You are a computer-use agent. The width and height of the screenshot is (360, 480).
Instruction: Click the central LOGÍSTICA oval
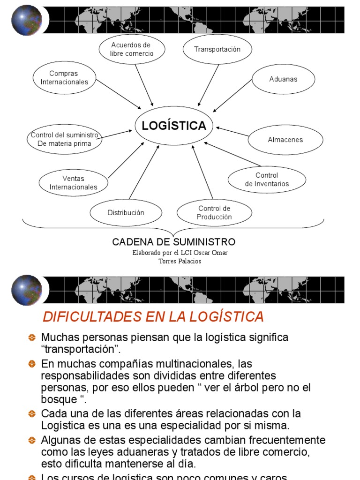click(x=174, y=126)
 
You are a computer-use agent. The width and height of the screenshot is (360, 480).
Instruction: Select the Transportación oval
click(x=217, y=49)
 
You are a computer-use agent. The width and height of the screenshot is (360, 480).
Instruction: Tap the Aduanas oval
click(x=283, y=79)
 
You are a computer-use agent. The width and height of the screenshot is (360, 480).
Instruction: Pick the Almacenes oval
click(x=285, y=140)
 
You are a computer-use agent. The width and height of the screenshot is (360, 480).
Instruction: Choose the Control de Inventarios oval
click(x=267, y=180)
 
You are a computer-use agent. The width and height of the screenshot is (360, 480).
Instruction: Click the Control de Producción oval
click(x=214, y=213)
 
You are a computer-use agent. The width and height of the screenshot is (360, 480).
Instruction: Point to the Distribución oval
click(x=126, y=213)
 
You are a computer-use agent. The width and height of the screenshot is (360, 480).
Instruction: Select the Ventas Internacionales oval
click(x=73, y=183)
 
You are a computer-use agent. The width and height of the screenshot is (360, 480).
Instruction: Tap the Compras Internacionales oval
click(x=64, y=78)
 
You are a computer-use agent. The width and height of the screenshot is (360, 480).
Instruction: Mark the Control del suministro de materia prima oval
click(x=64, y=140)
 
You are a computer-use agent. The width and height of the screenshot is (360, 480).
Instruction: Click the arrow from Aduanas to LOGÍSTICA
click(x=232, y=96)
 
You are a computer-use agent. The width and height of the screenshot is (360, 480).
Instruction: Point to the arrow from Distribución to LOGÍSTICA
click(x=143, y=172)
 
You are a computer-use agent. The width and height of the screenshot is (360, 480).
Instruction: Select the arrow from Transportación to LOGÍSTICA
click(x=209, y=85)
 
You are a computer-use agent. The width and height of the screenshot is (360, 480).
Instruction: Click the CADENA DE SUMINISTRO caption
click(x=173, y=242)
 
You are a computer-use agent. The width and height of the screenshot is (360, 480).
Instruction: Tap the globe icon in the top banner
click(x=26, y=21)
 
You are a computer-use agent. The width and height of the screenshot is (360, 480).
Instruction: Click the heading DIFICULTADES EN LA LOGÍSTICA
click(x=153, y=317)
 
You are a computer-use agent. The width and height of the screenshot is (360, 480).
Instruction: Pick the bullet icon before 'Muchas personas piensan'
click(x=32, y=337)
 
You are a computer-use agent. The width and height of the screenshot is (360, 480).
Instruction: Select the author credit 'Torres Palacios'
click(x=180, y=261)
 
